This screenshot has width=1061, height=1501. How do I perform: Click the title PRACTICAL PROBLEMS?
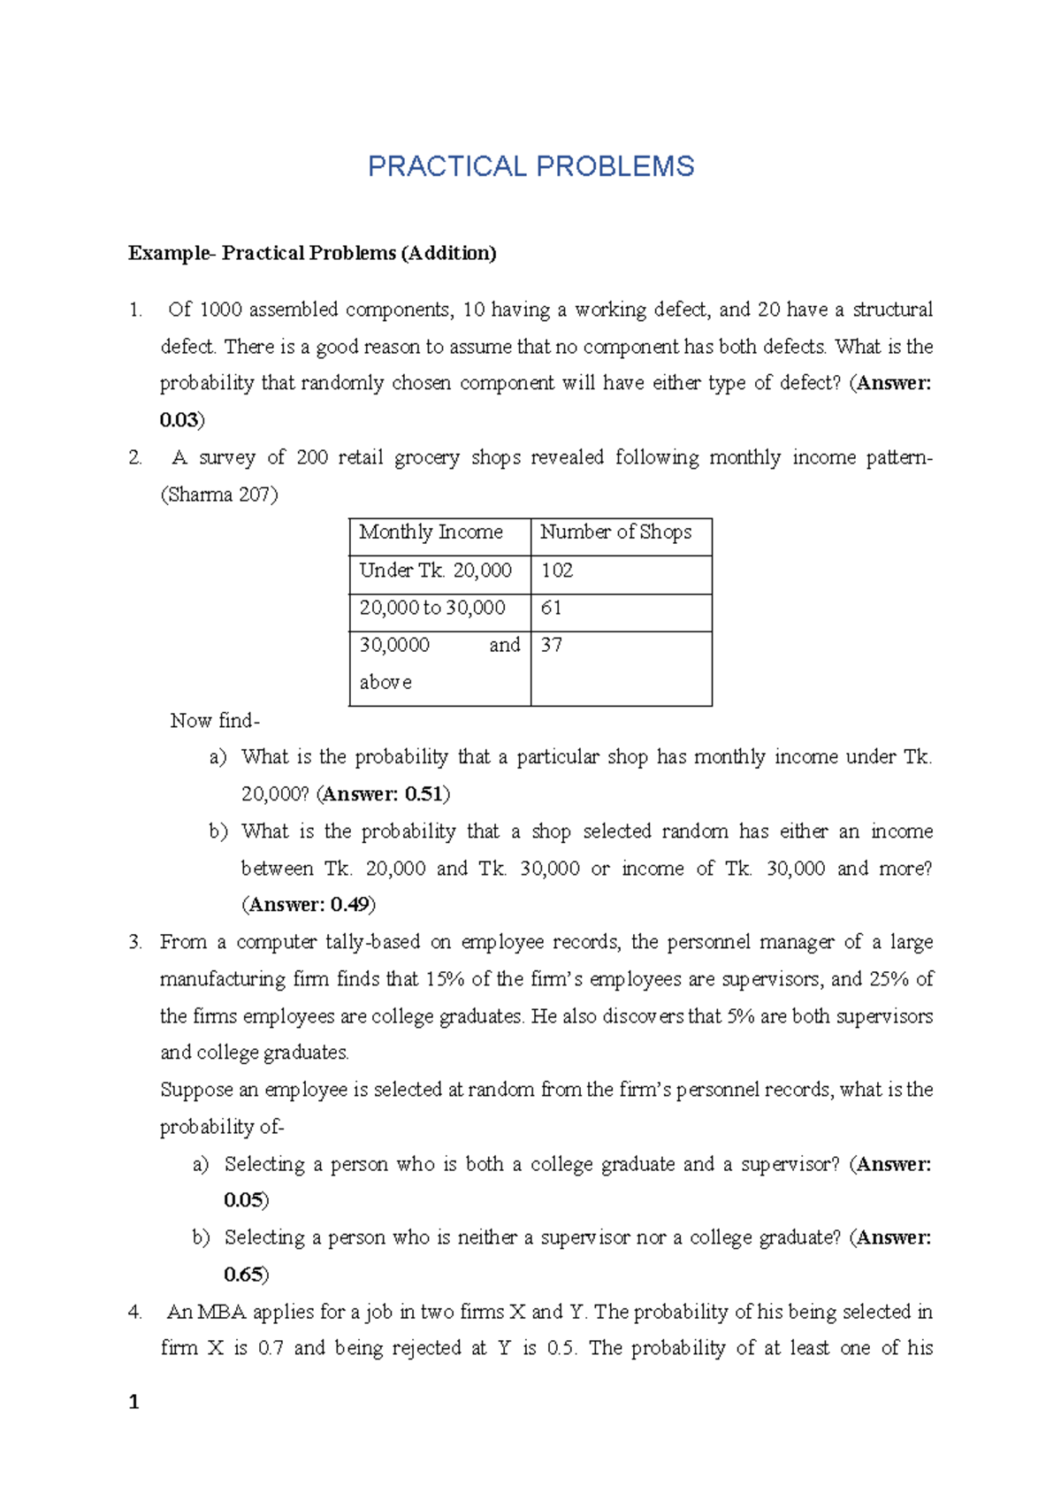pyautogui.click(x=530, y=166)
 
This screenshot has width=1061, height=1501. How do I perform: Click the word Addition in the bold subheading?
pyautogui.click(x=448, y=253)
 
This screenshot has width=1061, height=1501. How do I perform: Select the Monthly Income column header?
pyautogui.click(x=431, y=532)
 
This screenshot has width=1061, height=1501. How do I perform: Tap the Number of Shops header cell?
pyautogui.click(x=615, y=532)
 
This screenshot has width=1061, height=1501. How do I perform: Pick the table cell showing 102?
pyautogui.click(x=557, y=571)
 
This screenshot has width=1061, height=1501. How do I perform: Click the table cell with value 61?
pyautogui.click(x=551, y=608)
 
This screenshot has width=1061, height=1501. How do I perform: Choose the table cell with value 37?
pyautogui.click(x=551, y=645)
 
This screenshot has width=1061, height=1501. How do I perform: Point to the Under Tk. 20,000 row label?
pyautogui.click(x=435, y=571)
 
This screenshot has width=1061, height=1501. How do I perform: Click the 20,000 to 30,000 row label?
pyautogui.click(x=432, y=608)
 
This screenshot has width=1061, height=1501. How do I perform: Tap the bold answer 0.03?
pyautogui.click(x=179, y=420)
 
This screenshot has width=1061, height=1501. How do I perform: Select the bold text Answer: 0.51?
pyautogui.click(x=383, y=794)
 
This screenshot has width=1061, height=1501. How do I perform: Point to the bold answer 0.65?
pyautogui.click(x=243, y=1275)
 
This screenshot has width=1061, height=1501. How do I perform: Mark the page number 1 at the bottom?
pyautogui.click(x=134, y=1402)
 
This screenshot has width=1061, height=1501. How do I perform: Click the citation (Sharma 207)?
pyautogui.click(x=218, y=495)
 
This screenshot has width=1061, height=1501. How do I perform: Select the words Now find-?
pyautogui.click(x=215, y=721)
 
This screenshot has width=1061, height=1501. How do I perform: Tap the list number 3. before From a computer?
pyautogui.click(x=135, y=942)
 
